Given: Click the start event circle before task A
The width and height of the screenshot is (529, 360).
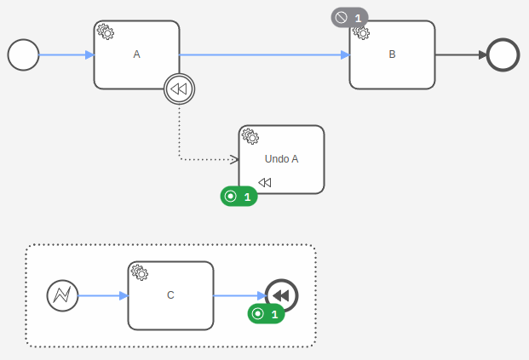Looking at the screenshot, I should click(24, 55).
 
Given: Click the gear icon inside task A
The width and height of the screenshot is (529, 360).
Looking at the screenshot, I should click(106, 32).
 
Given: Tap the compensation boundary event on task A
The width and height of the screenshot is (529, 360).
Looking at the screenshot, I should click(179, 89).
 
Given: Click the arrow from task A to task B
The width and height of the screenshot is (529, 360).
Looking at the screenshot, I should click(264, 55).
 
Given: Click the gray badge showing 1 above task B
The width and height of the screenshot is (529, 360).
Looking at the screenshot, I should click(349, 17).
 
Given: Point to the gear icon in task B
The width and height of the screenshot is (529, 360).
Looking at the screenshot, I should click(361, 32).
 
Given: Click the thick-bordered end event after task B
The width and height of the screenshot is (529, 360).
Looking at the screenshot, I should click(503, 55).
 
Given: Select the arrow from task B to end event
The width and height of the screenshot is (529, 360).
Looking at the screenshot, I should click(460, 55).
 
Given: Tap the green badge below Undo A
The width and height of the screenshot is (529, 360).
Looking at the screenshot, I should click(239, 197).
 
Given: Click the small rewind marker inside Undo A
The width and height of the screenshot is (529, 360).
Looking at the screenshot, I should click(265, 182).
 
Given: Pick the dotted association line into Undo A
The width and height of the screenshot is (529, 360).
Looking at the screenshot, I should click(180, 136).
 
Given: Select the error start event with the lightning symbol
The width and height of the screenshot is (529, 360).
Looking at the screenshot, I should click(62, 295).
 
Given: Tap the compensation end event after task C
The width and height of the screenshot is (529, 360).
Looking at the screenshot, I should click(281, 295).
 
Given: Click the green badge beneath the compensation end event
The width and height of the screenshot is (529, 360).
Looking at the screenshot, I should click(266, 314).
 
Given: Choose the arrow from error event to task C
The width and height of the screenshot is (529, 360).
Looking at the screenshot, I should click(102, 295).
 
